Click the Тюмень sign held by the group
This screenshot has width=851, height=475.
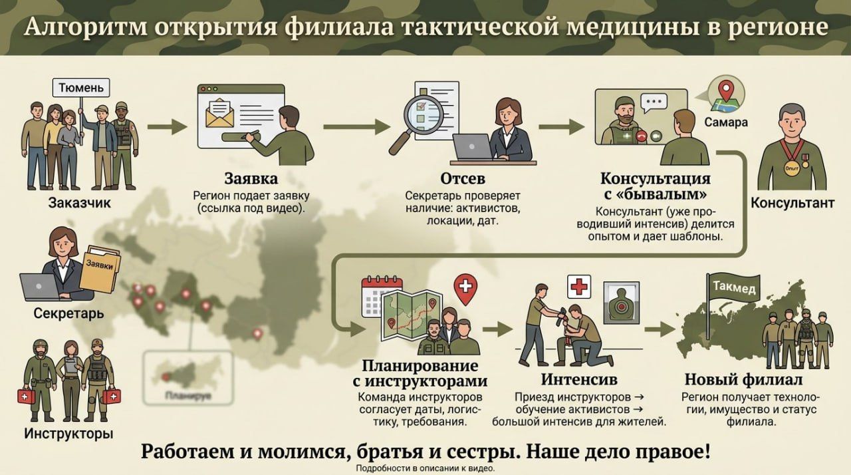(81, 88)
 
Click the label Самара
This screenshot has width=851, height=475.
(725, 122)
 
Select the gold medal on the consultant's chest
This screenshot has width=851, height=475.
(792, 166)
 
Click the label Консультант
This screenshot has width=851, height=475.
(792, 203)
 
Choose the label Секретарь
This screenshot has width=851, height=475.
(68, 313)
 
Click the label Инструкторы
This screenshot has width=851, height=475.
(68, 434)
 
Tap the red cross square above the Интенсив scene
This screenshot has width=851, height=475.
(579, 287)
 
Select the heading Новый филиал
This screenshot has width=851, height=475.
(743, 380)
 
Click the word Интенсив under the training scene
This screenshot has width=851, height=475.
(578, 380)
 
